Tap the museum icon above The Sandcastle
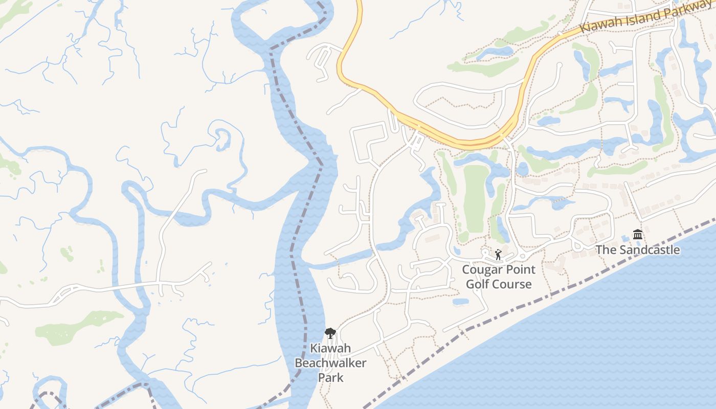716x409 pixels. pos(637,235)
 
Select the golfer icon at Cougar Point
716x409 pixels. pos(498,254)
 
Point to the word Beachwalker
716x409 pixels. pos(330,363)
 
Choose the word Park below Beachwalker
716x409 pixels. pos(330,378)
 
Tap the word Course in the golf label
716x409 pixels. pos(513,284)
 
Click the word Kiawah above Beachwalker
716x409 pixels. pos(330,349)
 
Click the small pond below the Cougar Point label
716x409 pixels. pos(460,302)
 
